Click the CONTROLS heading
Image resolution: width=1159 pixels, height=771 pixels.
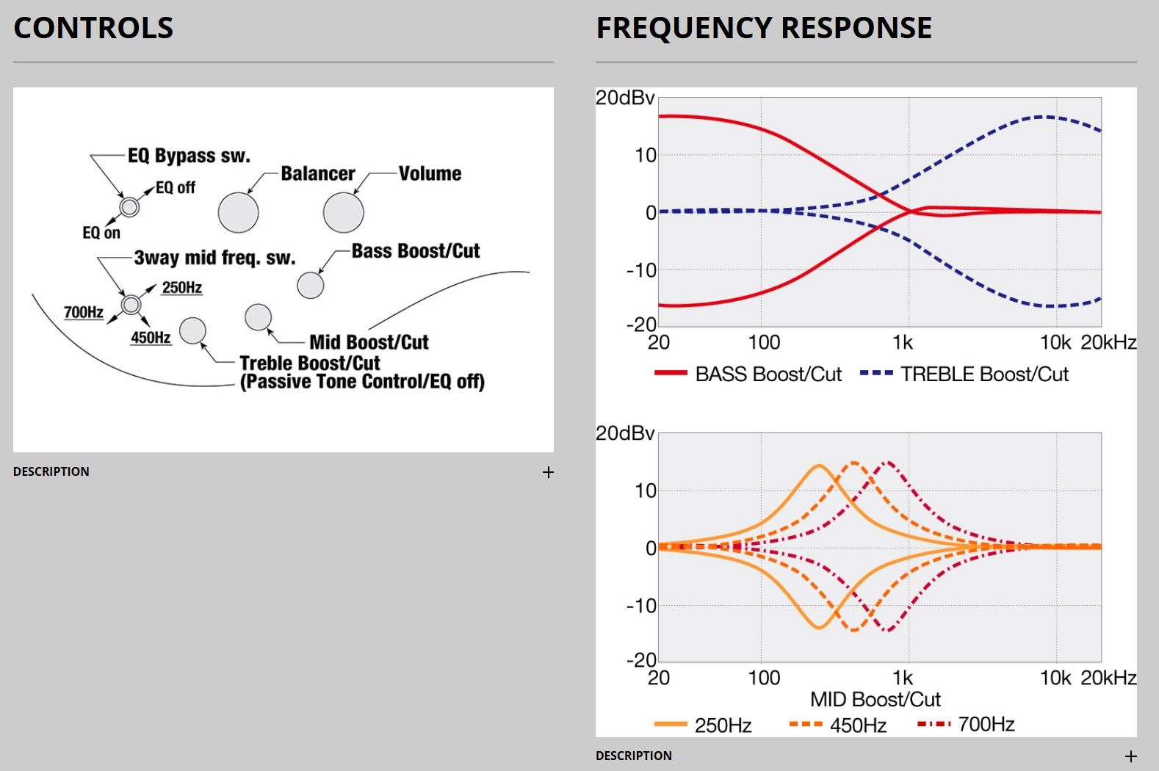pyautogui.click(x=93, y=28)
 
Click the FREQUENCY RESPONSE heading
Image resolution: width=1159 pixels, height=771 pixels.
pyautogui.click(x=764, y=28)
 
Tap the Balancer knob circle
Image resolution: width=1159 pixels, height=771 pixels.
pyautogui.click(x=239, y=213)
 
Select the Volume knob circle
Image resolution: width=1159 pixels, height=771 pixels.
pyautogui.click(x=344, y=213)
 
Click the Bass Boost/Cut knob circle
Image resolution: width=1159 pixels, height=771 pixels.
pyautogui.click(x=311, y=285)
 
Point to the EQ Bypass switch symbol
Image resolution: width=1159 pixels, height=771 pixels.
pyautogui.click(x=129, y=207)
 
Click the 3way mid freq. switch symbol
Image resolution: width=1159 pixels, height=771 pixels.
pyautogui.click(x=131, y=304)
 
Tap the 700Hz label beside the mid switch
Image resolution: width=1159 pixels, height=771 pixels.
pyautogui.click(x=84, y=312)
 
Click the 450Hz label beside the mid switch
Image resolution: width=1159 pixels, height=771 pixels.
pyautogui.click(x=151, y=338)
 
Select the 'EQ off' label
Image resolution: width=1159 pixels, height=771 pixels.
pyautogui.click(x=176, y=188)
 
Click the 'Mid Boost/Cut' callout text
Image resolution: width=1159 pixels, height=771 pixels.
pyautogui.click(x=369, y=342)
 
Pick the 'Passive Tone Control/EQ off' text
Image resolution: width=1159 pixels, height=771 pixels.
pyautogui.click(x=362, y=382)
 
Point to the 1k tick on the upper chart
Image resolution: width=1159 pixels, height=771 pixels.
pyautogui.click(x=903, y=343)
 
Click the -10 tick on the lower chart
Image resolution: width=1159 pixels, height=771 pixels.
pyautogui.click(x=641, y=606)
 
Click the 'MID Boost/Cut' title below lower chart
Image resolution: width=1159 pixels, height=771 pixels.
pyautogui.click(x=875, y=699)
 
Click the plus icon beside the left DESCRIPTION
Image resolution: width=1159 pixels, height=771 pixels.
pyautogui.click(x=548, y=472)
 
